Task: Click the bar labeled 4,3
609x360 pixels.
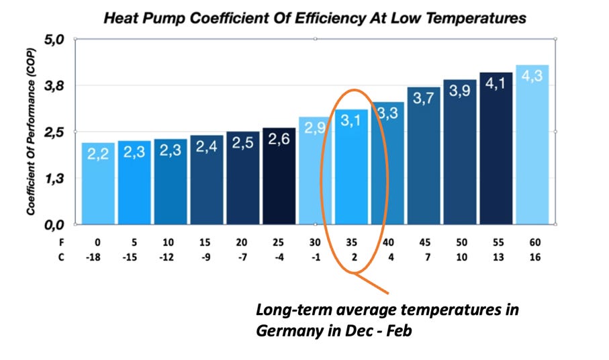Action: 532,144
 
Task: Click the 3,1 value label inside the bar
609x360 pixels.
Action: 351,122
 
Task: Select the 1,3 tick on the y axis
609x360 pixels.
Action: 54,179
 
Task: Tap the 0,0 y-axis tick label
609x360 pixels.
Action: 54,224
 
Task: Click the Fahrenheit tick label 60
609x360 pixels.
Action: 532,241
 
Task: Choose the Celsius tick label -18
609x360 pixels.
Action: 98,257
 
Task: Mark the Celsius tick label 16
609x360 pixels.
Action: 532,257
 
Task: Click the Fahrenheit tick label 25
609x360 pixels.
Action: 279,241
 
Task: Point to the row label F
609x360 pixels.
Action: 62,241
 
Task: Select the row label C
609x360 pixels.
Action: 62,257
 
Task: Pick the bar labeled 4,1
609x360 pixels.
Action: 496,148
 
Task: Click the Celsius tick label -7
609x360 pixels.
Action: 242,257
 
